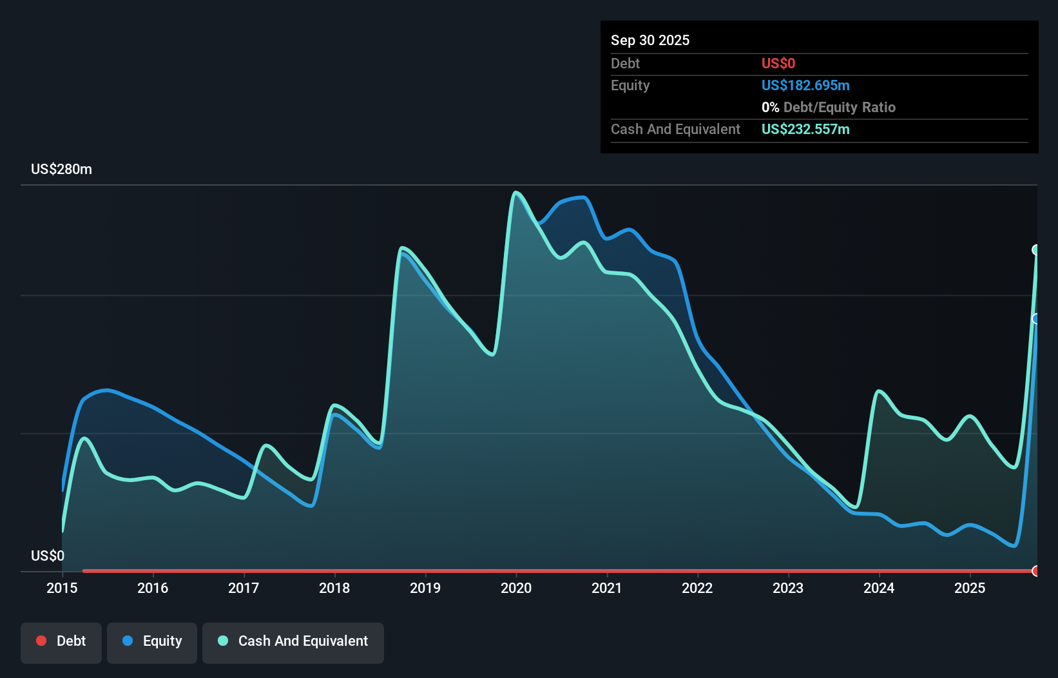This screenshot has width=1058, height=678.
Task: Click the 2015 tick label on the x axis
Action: pyautogui.click(x=62, y=588)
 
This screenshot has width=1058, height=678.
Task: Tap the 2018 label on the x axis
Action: pyautogui.click(x=334, y=588)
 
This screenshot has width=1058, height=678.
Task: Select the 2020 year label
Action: pyautogui.click(x=516, y=588)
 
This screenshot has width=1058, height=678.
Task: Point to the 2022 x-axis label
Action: pyautogui.click(x=697, y=588)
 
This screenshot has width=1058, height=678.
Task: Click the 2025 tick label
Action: pyautogui.click(x=970, y=588)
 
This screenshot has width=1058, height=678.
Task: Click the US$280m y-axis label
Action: pyautogui.click(x=61, y=169)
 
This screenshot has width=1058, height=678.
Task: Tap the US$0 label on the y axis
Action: pyautogui.click(x=48, y=556)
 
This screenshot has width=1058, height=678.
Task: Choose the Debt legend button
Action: pyautogui.click(x=61, y=641)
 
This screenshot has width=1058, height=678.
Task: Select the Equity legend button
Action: pyautogui.click(x=152, y=641)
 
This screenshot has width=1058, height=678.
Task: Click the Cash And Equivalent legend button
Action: pyautogui.click(x=293, y=641)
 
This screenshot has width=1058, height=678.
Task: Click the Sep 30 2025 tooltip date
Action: pyautogui.click(x=649, y=40)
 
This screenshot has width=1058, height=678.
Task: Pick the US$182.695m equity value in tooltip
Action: pyautogui.click(x=805, y=85)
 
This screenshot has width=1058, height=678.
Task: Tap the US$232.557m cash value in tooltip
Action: pyautogui.click(x=805, y=129)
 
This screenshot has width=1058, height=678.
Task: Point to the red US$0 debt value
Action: pyautogui.click(x=778, y=63)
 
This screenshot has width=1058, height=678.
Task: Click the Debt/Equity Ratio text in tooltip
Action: pyautogui.click(x=839, y=107)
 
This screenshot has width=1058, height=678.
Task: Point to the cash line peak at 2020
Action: pyautogui.click(x=515, y=192)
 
